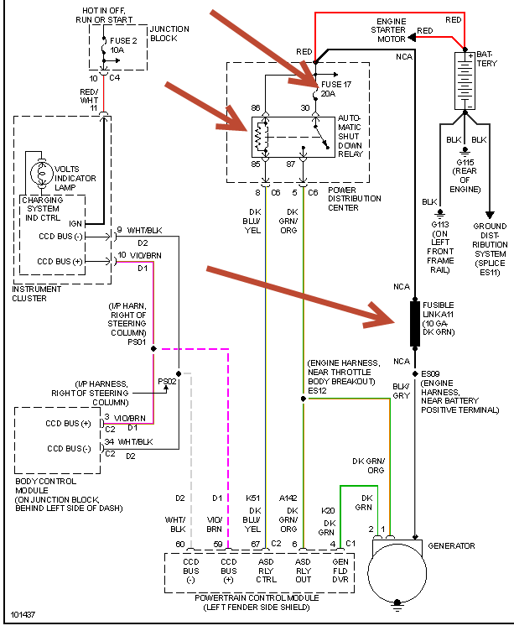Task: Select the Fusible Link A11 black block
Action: click(414, 323)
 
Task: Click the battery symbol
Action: click(464, 79)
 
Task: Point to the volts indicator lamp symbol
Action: click(40, 173)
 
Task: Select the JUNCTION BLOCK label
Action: click(169, 34)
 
